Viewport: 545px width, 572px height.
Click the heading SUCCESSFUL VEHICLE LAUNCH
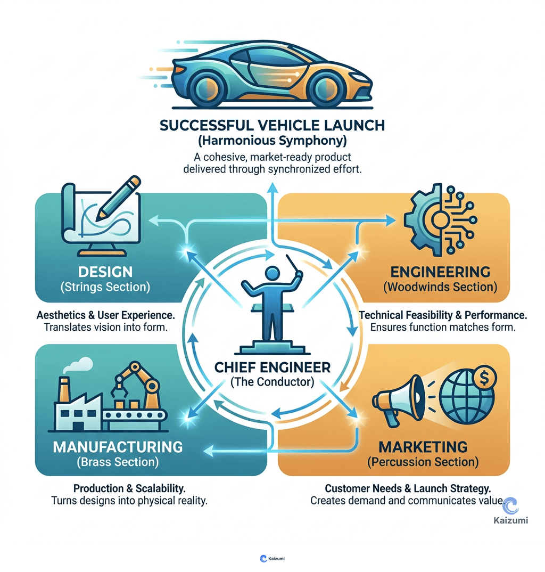tap(272, 126)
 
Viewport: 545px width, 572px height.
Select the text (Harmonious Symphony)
tap(272, 142)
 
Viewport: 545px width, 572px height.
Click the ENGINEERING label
tap(439, 272)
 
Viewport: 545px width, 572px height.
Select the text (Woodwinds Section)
tap(439, 288)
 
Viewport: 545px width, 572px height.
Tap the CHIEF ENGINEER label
tap(272, 367)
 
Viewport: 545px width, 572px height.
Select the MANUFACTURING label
tap(118, 446)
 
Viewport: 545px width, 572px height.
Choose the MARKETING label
tap(423, 446)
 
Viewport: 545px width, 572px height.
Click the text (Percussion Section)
tap(423, 461)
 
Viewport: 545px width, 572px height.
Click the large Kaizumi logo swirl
tap(510, 505)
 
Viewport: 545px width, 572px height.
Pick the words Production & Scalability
tap(133, 488)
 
